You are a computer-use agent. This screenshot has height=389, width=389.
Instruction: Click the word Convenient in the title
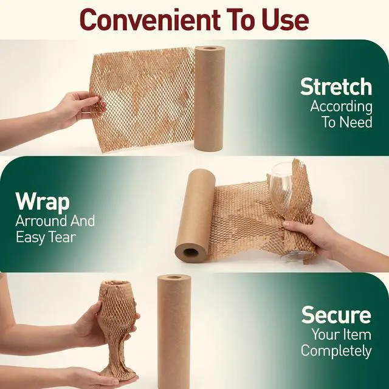pyautogui.click(x=150, y=20)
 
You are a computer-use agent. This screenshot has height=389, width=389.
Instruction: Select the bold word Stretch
pyautogui.click(x=336, y=87)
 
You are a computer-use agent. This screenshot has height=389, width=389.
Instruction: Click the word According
pyautogui.click(x=342, y=107)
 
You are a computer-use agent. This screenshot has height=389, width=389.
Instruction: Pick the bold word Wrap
pyautogui.click(x=43, y=201)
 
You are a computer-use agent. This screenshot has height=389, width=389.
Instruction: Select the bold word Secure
pyautogui.click(x=336, y=315)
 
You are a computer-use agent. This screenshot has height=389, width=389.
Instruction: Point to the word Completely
pyautogui.click(x=336, y=351)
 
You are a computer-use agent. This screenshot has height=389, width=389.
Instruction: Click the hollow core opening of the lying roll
pyautogui.click(x=191, y=253)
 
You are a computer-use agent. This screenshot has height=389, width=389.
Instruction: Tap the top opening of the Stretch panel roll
pyautogui.click(x=210, y=48)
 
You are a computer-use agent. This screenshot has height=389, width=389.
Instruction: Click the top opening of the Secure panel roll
pyautogui.click(x=174, y=277)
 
